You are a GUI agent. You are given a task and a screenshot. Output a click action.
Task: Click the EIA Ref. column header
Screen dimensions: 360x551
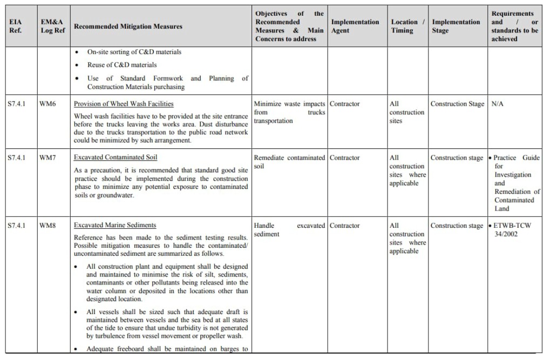point(15,26)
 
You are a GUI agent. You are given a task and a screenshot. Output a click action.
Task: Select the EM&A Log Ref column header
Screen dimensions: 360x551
point(53,26)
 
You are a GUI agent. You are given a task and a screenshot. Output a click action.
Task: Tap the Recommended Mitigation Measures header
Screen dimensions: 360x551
point(128,26)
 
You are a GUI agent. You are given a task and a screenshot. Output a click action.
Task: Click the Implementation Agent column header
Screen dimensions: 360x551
point(355,26)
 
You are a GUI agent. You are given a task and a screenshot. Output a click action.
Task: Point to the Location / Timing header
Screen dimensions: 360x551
point(407,26)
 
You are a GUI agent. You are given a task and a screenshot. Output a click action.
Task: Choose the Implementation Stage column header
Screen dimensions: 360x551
point(456,26)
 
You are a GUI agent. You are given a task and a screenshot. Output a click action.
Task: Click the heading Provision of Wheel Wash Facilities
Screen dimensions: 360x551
point(124,104)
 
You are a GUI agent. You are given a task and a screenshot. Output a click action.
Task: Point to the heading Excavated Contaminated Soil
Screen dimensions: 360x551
point(115,158)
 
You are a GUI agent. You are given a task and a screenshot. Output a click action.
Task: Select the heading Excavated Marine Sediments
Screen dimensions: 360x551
point(115,226)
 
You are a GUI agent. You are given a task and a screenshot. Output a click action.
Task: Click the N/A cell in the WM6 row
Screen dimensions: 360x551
point(497,104)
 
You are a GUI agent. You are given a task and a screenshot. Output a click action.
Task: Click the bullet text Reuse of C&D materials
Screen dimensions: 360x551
point(122,65)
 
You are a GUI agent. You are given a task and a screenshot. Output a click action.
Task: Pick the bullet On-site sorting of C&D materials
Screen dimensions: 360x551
point(134,52)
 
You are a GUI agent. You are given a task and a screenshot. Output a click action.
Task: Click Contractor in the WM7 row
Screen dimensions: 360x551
point(345,158)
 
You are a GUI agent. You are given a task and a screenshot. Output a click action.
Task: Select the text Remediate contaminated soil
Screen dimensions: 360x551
point(289,161)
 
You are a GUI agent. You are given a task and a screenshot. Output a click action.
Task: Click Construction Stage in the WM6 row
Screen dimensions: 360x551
point(457,104)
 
